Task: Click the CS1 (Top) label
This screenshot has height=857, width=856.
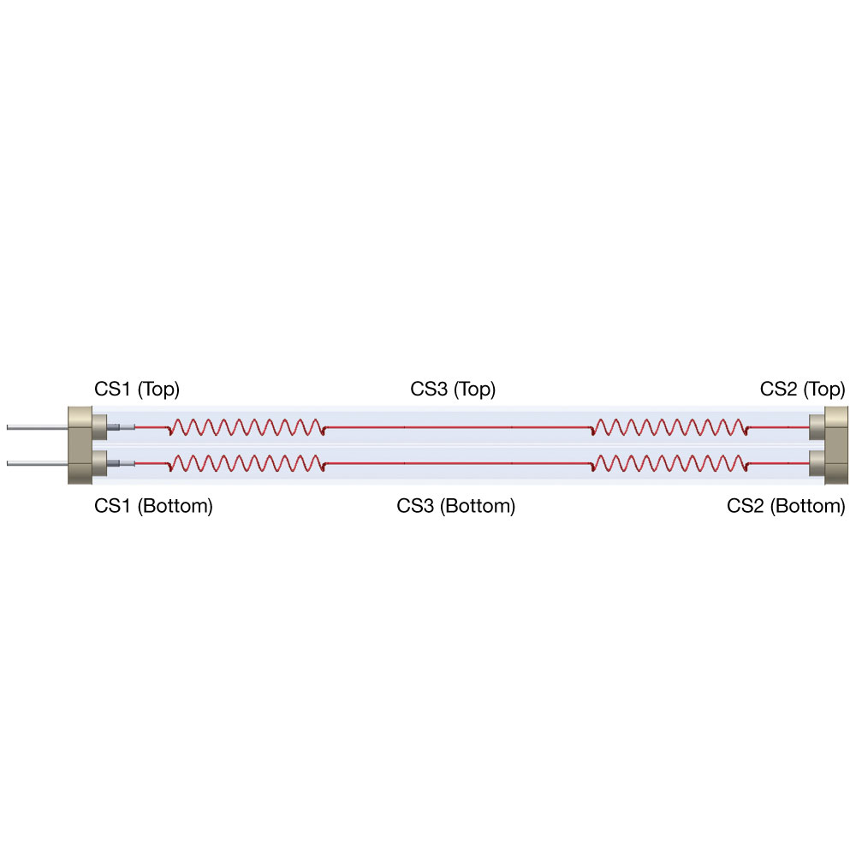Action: point(137,390)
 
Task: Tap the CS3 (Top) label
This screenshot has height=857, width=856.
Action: point(453,390)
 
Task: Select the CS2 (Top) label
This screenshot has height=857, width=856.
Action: point(802,390)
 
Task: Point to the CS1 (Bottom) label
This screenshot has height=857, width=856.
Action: point(153,506)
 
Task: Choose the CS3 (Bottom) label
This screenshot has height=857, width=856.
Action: point(456,506)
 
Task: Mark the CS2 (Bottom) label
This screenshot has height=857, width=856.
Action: point(786,506)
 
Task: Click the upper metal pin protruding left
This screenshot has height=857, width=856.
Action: point(37,427)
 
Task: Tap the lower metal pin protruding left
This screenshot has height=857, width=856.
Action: point(37,463)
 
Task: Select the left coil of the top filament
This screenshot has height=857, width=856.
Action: point(247,427)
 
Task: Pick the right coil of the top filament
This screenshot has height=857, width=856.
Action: point(669,427)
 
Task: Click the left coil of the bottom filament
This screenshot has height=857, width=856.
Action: point(247,463)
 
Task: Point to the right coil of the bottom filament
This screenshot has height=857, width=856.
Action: point(669,463)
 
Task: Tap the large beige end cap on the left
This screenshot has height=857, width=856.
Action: point(80,445)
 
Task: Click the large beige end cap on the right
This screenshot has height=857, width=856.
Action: point(835,445)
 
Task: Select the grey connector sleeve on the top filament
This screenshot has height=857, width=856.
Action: point(121,427)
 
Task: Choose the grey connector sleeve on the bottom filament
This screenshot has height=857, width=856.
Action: point(121,463)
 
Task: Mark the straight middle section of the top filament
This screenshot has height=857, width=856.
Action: point(458,427)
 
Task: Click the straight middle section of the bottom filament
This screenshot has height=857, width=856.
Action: point(458,463)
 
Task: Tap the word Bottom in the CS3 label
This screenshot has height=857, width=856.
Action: point(478,506)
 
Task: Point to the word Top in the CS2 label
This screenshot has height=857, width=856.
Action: point(824,390)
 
